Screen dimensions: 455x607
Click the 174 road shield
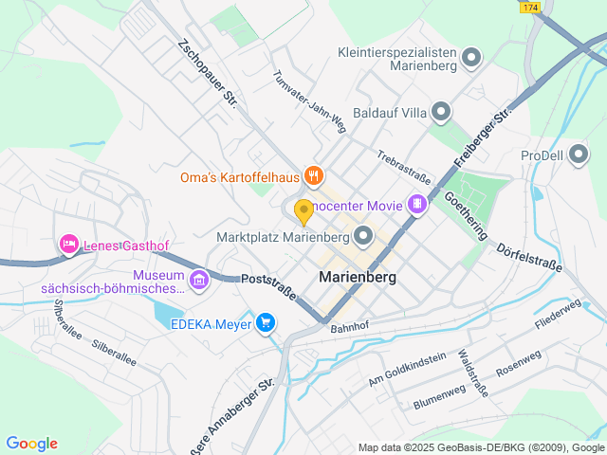tap(530, 7)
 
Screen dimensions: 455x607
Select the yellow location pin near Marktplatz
tap(303, 210)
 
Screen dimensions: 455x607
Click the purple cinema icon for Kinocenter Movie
tap(416, 203)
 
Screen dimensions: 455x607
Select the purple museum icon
tap(198, 280)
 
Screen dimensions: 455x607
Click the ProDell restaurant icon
tap(578, 155)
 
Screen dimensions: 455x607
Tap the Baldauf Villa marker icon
tap(441, 113)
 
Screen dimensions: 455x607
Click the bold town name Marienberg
tap(357, 278)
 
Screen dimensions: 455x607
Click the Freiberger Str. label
tap(482, 138)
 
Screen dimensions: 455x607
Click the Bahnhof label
tap(348, 327)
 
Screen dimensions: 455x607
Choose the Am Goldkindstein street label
tap(406, 370)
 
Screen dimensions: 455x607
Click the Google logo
tap(31, 443)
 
